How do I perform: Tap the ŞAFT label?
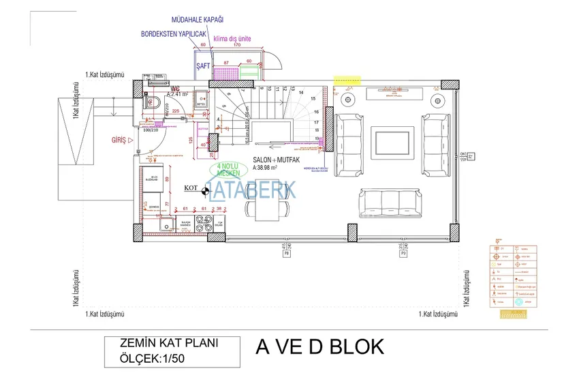203,66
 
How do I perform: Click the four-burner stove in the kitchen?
202,222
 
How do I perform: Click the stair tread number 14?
300,91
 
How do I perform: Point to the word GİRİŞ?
121,139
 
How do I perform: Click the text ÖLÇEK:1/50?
144,357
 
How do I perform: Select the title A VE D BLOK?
319,346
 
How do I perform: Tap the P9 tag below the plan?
403,253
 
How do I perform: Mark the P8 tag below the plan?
286,253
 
